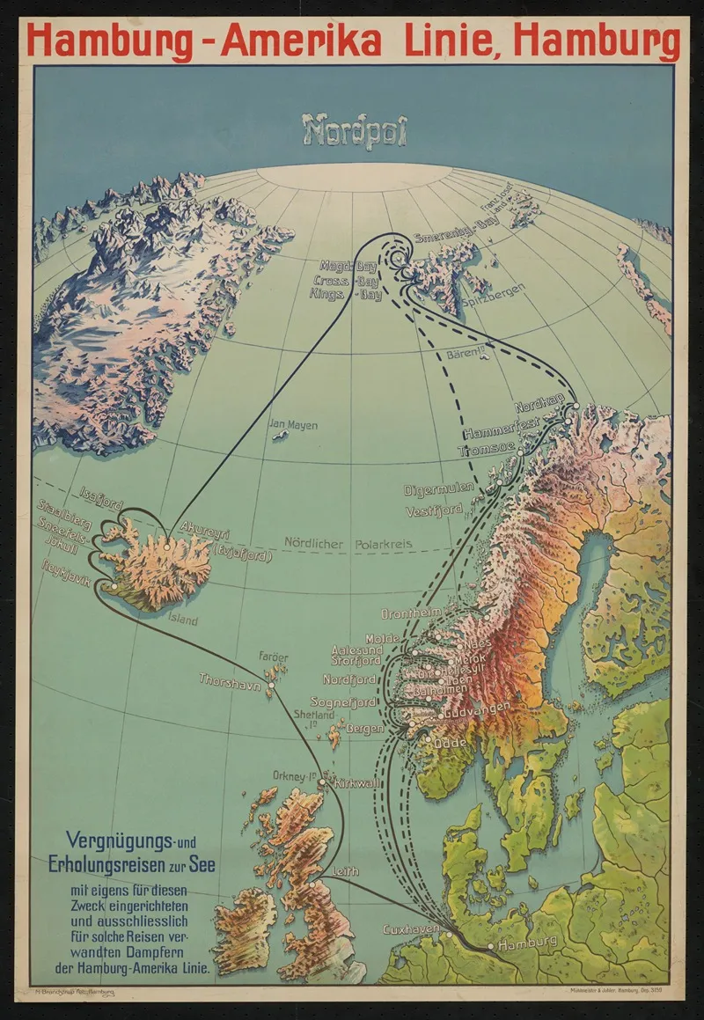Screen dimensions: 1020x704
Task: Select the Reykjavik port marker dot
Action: pyautogui.click(x=113, y=587)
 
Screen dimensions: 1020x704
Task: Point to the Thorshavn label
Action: pyautogui.click(x=230, y=680)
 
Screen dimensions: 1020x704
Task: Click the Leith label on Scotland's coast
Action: pyautogui.click(x=346, y=871)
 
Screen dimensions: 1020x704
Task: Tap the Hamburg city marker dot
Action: pyautogui.click(x=491, y=948)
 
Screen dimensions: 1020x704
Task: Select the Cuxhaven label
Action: pyautogui.click(x=410, y=929)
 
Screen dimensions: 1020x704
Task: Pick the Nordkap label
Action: pyautogui.click(x=539, y=407)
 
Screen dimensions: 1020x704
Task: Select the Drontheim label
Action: pyautogui.click(x=410, y=613)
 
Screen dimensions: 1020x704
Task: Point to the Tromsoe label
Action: pyautogui.click(x=483, y=451)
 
